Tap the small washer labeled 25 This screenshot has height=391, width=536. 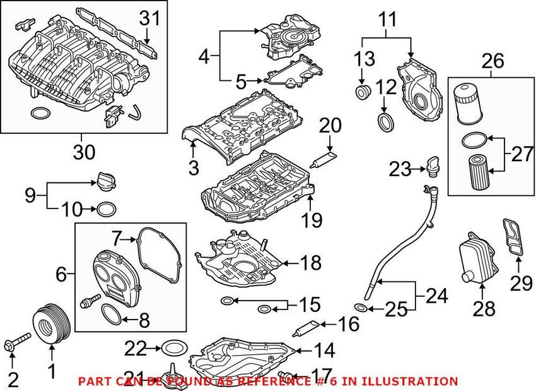[361, 308]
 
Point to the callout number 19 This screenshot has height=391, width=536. [313, 220]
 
